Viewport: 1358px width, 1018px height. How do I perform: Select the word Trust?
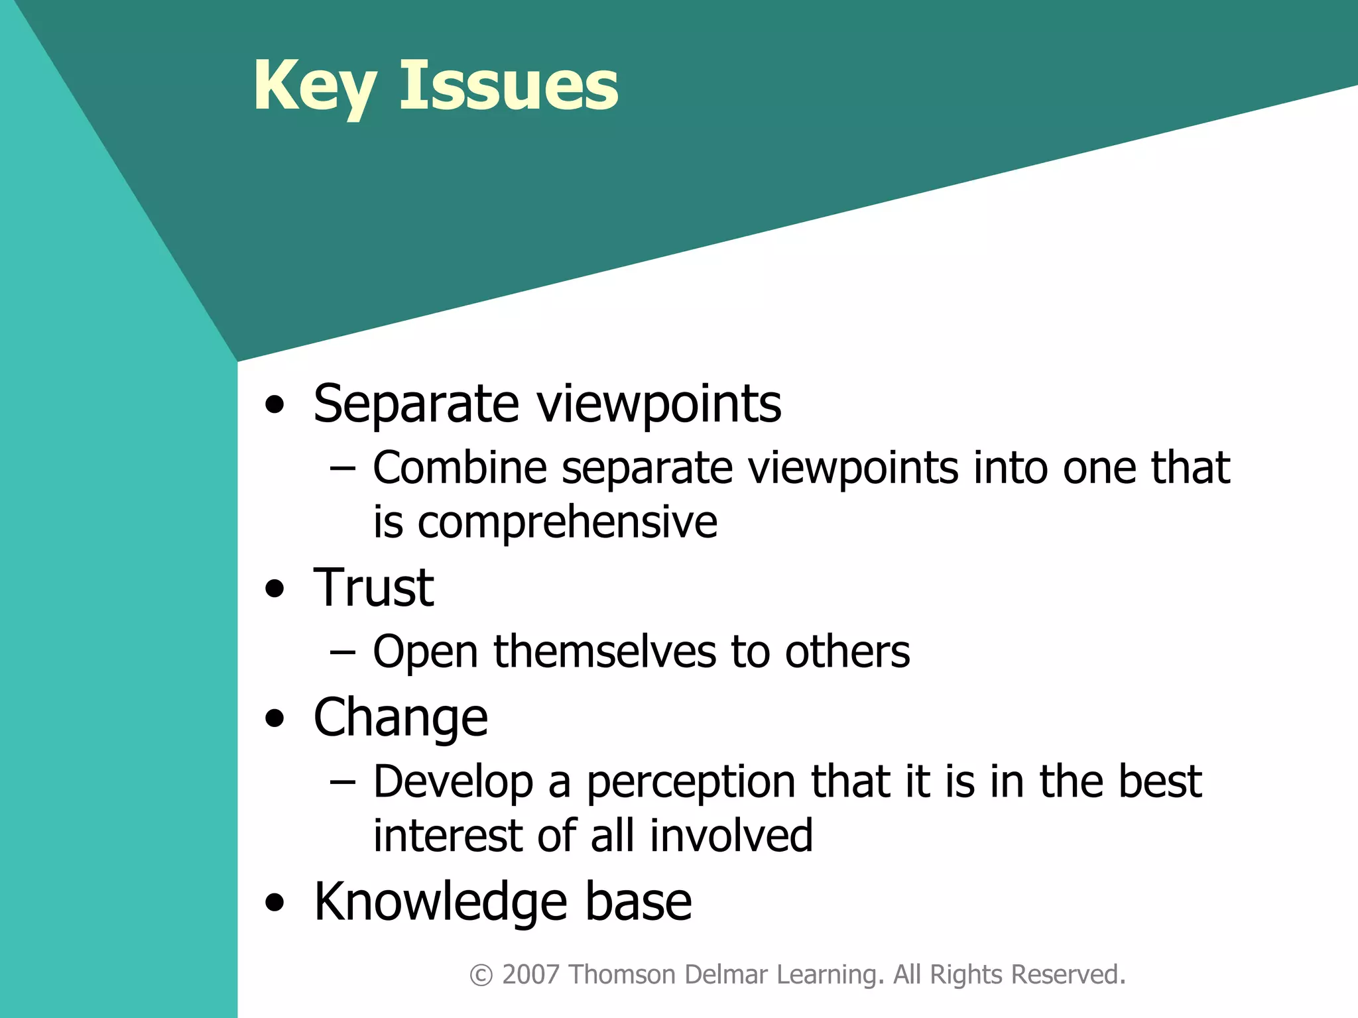pos(373,588)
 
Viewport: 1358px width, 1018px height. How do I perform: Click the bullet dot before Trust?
pos(274,589)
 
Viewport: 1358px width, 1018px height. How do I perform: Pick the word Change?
pos(401,718)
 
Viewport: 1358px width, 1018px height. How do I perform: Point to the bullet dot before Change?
pos(274,718)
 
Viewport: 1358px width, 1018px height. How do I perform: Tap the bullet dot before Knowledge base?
pos(274,902)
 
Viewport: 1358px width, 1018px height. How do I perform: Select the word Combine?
pos(460,468)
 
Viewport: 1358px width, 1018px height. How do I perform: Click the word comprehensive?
pos(568,522)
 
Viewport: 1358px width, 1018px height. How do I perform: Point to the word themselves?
pos(605,651)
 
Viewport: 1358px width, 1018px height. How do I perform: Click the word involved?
pos(731,836)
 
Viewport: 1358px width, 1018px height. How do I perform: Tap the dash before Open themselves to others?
pos(342,653)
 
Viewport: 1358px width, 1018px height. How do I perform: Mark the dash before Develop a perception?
pos(342,783)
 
